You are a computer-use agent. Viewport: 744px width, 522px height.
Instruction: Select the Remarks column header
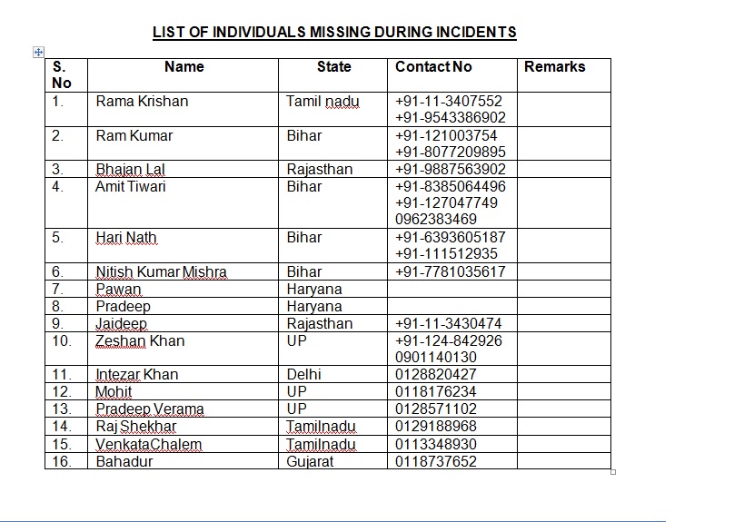pyautogui.click(x=554, y=67)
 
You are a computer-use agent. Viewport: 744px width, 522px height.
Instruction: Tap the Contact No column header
pyautogui.click(x=433, y=67)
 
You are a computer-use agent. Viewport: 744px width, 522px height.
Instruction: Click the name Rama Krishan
pyautogui.click(x=142, y=102)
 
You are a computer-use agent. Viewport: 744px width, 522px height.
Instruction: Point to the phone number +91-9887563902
pyautogui.click(x=451, y=170)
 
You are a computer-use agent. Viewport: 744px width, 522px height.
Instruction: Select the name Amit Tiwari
pyautogui.click(x=131, y=187)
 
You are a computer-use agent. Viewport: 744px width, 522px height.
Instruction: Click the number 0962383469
pyautogui.click(x=436, y=220)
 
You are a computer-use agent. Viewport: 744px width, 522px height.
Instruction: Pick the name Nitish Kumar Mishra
pyautogui.click(x=162, y=272)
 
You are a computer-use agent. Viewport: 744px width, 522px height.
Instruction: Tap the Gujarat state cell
pyautogui.click(x=310, y=462)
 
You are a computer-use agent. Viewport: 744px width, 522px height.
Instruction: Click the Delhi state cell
pyautogui.click(x=303, y=375)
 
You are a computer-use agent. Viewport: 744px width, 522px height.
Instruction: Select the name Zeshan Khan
pyautogui.click(x=140, y=341)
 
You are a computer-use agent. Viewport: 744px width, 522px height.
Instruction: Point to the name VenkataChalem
pyautogui.click(x=149, y=445)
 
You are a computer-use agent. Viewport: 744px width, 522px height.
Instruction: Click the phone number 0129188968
pyautogui.click(x=436, y=427)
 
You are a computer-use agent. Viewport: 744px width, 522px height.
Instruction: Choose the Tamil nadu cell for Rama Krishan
pyautogui.click(x=322, y=102)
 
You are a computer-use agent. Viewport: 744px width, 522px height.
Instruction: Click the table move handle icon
pyautogui.click(x=38, y=53)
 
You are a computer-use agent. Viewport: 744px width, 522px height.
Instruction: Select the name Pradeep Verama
pyautogui.click(x=150, y=409)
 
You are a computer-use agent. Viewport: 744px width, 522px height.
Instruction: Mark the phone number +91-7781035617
pyautogui.click(x=451, y=272)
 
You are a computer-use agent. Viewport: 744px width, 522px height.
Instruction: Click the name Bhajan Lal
pyautogui.click(x=130, y=170)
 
